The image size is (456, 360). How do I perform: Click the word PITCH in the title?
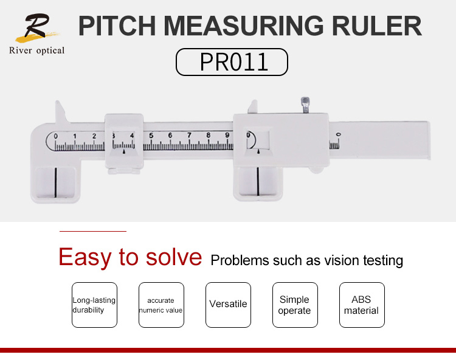click(117, 26)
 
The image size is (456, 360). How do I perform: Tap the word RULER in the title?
click(376, 26)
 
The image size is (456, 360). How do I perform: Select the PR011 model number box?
click(232, 62)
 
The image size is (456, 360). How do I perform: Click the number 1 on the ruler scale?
click(75, 136)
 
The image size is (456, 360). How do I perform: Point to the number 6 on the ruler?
click(170, 136)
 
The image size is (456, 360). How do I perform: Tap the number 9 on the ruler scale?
click(227, 135)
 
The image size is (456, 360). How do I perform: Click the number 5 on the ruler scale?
click(151, 136)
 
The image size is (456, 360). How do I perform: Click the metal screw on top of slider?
click(305, 105)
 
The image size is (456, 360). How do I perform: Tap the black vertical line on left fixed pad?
click(55, 182)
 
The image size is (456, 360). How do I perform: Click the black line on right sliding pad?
click(258, 181)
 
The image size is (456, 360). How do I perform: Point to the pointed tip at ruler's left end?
click(57, 102)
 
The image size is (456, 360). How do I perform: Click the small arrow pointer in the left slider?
click(124, 151)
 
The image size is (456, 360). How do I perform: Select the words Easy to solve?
click(130, 257)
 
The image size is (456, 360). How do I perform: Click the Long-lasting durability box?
click(94, 305)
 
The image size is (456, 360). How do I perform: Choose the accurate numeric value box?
click(161, 305)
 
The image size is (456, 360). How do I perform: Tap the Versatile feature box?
click(228, 305)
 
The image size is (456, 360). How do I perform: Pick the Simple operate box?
click(295, 305)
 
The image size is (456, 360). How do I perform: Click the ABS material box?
click(362, 305)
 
